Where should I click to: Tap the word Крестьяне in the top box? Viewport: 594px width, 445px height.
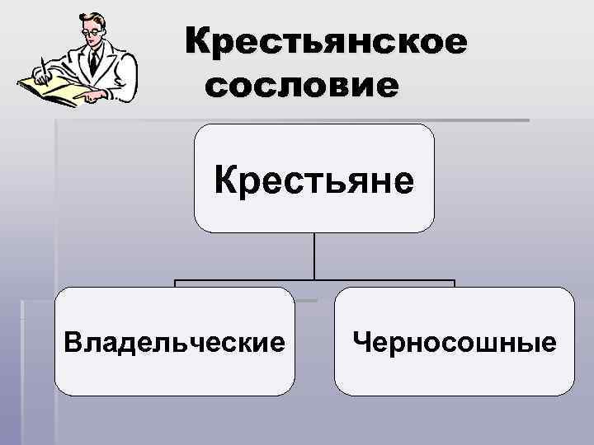click(x=313, y=180)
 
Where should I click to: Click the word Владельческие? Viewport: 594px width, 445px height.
click(x=175, y=341)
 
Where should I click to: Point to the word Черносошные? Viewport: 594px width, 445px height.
click(x=454, y=341)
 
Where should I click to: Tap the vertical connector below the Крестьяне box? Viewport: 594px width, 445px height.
click(x=314, y=255)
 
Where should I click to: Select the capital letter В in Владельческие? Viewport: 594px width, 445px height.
click(x=72, y=341)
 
